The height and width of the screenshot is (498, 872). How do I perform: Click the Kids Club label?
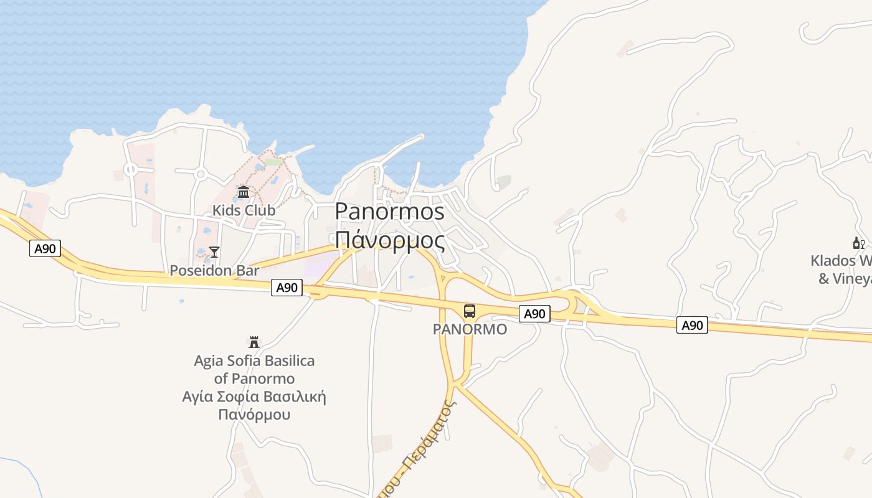point(244,210)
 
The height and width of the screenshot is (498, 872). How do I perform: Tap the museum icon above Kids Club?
point(244,192)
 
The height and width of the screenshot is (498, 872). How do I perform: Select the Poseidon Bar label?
point(214,271)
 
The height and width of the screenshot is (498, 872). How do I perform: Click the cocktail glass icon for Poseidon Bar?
point(214,252)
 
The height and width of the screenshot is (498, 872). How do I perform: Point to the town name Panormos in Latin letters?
point(390,212)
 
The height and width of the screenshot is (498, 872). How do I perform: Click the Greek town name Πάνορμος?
point(390,240)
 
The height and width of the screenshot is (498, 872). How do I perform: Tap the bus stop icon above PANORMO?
point(470,311)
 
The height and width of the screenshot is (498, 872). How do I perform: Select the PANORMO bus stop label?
point(470,329)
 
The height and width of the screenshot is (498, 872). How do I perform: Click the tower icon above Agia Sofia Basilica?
point(254,342)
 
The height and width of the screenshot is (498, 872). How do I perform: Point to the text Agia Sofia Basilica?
point(254,361)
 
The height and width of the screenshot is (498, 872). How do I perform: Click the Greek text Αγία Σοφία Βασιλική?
point(254,397)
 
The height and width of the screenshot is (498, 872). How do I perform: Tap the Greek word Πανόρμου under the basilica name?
point(254,414)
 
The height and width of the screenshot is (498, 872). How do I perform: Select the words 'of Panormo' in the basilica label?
point(254,378)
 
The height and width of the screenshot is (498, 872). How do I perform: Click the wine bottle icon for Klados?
point(858,243)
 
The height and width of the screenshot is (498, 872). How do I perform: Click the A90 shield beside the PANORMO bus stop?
point(534,314)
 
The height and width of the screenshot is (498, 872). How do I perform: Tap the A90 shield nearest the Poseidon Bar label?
point(287,288)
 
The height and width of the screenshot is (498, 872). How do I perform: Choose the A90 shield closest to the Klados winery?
point(692,325)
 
